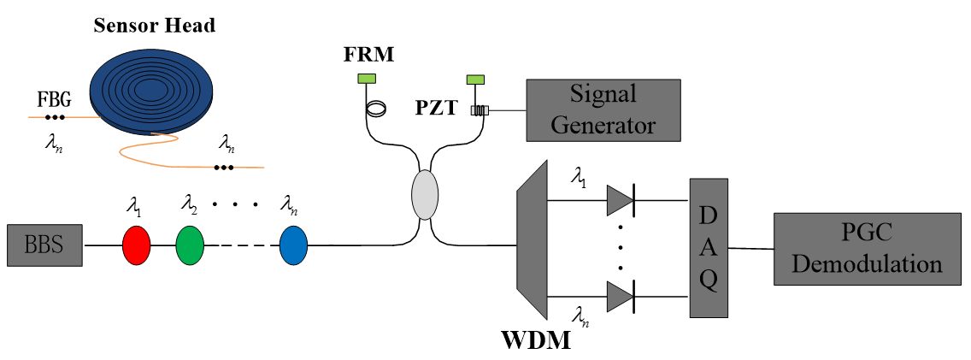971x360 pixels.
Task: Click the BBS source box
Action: coord(45,245)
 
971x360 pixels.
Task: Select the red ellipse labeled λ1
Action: coord(137,245)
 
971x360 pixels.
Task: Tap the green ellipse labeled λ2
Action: coord(191,245)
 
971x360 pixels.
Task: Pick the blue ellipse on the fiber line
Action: coord(293,245)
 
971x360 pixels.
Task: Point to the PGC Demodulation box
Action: coord(866,249)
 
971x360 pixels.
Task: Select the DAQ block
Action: coord(709,249)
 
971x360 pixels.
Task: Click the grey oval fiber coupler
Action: coord(425,194)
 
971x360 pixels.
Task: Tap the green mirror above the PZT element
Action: coord(475,80)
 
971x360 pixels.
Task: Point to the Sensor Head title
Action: coord(154,25)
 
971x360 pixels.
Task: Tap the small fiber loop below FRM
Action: coord(374,109)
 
